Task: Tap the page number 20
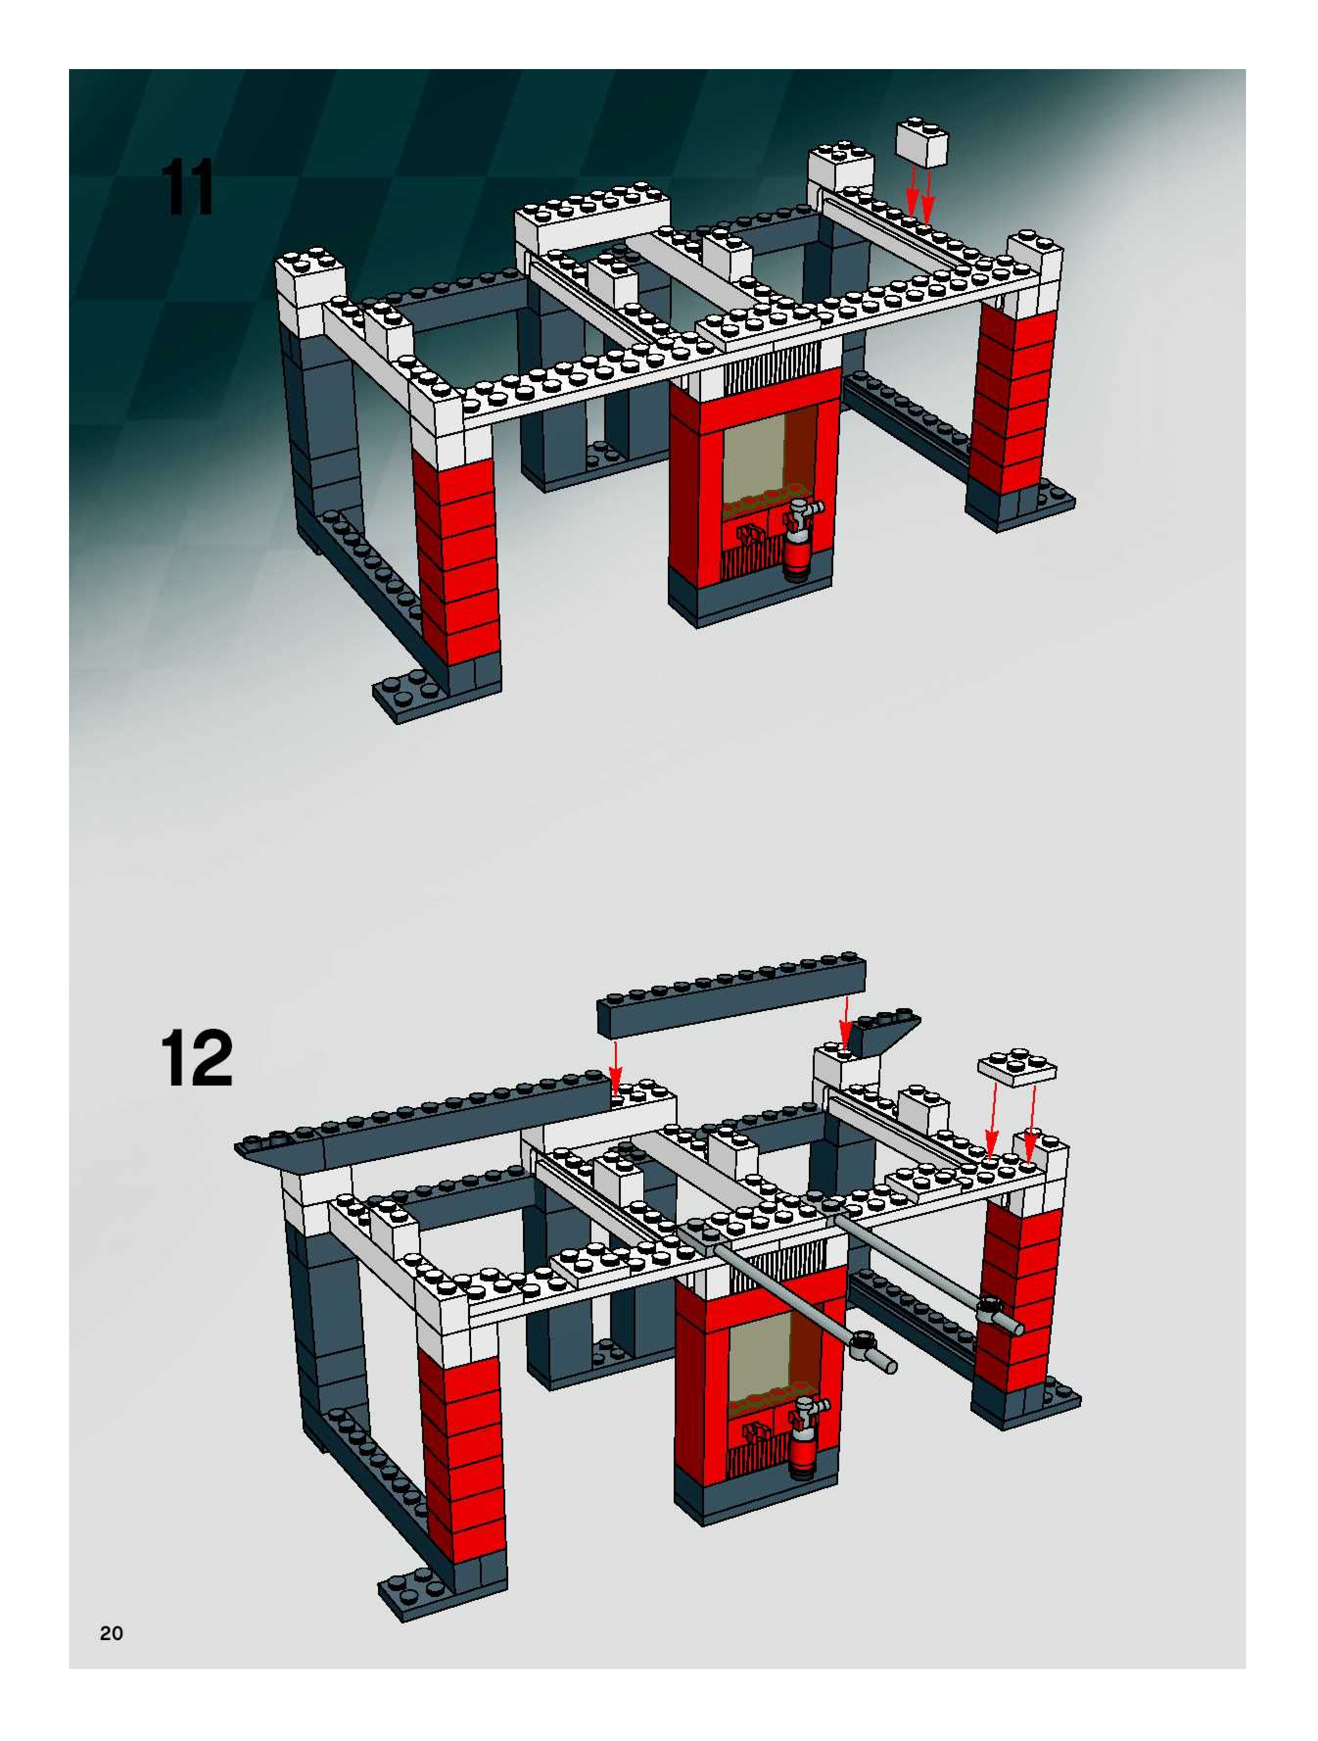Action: click(112, 1634)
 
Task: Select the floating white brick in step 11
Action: click(922, 143)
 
